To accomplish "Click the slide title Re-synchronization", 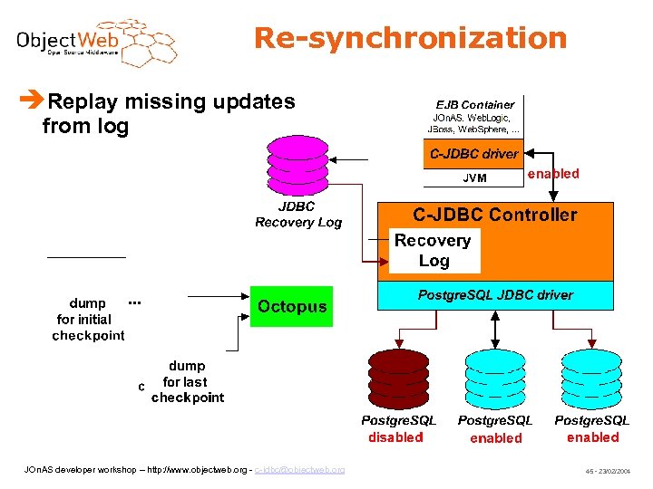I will [x=410, y=38].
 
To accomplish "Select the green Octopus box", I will [x=291, y=307].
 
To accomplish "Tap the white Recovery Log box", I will [x=434, y=251].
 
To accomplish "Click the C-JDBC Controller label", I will [x=494, y=215].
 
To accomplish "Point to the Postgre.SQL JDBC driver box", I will [x=494, y=295].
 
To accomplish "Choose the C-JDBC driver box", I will [x=474, y=154].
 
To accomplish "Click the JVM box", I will [x=474, y=177].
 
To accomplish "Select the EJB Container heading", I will [x=474, y=104].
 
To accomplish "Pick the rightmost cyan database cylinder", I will [x=591, y=378].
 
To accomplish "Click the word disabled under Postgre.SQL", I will [x=395, y=437].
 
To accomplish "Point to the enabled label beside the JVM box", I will [x=553, y=174].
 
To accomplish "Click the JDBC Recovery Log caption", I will [x=298, y=215].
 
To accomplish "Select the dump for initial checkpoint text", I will [x=88, y=320].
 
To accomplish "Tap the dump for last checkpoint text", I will [x=188, y=382].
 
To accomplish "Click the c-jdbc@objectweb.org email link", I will [x=299, y=470].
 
